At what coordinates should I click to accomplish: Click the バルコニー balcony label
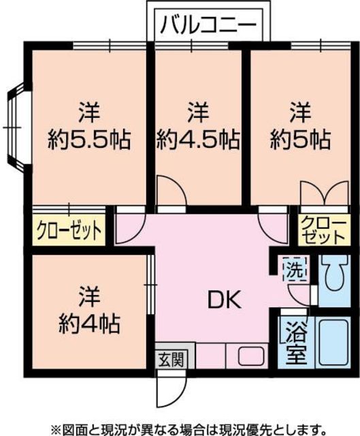pos(208,27)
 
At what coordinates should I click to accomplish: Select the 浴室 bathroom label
pos(295,344)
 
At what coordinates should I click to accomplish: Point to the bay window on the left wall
pos(15,127)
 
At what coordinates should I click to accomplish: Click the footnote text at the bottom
pos(180,427)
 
